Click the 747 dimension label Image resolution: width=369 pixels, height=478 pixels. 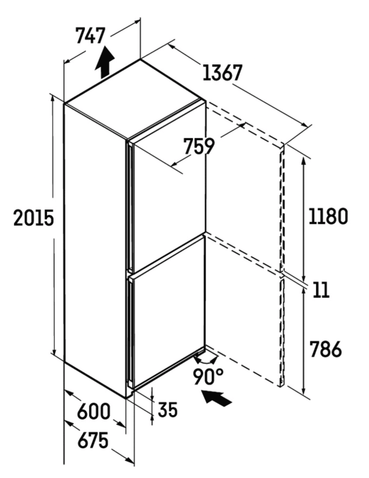tap(90, 35)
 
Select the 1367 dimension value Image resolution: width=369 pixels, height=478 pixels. tap(222, 73)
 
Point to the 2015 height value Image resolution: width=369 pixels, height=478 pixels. tap(34, 218)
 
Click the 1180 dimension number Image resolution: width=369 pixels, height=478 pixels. tap(328, 216)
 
